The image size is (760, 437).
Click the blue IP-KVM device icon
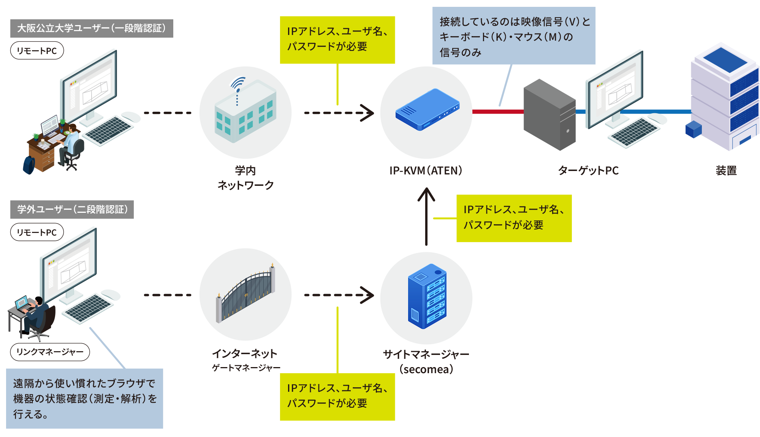pos(427,110)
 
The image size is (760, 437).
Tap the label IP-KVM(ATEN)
pos(426,171)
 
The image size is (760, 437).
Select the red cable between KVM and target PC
pos(497,112)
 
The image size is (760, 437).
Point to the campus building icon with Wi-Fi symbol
pos(245,112)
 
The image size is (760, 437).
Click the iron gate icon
pos(245,294)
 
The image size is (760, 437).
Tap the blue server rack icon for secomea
pos(427,296)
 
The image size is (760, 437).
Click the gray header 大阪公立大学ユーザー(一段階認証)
pos(92,28)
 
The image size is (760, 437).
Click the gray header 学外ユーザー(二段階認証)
pos(72,209)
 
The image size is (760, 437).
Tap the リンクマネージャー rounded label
pos(50,352)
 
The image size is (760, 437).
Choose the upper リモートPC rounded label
pos(37,51)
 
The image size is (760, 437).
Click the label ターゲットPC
pos(588,171)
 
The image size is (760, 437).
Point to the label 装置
pos(726,171)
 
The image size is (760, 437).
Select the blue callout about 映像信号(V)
pos(514,36)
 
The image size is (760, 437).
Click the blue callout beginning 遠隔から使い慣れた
pos(84,398)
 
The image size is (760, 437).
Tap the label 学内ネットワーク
pos(245,178)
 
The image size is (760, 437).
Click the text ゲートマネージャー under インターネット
pos(246,368)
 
